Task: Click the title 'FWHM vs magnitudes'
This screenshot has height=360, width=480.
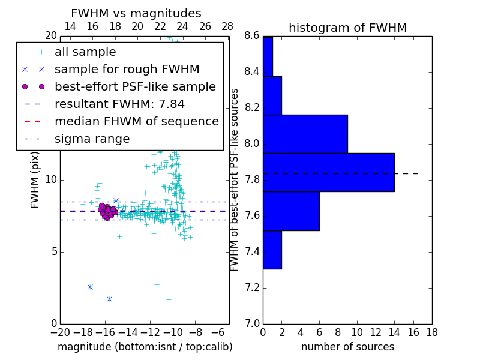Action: pyautogui.click(x=136, y=13)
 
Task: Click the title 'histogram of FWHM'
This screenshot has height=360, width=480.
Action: pyautogui.click(x=347, y=28)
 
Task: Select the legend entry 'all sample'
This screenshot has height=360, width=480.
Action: pyautogui.click(x=85, y=52)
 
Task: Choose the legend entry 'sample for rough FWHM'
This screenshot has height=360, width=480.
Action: pyautogui.click(x=127, y=70)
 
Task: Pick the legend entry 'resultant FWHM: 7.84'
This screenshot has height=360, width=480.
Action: pyautogui.click(x=119, y=104)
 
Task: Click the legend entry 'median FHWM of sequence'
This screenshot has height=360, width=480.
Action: pyautogui.click(x=136, y=122)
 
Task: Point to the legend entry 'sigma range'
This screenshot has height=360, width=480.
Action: pyautogui.click(x=92, y=139)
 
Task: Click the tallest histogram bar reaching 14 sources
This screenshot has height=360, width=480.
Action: pyautogui.click(x=329, y=172)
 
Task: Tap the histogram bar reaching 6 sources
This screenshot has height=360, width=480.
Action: pyautogui.click(x=291, y=211)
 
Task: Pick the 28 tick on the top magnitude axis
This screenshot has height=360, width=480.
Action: pyautogui.click(x=227, y=26)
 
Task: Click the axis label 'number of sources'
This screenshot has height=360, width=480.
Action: pyautogui.click(x=347, y=347)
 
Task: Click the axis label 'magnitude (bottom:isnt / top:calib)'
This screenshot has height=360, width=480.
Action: pyautogui.click(x=145, y=347)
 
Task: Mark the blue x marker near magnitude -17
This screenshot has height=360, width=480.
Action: pyautogui.click(x=90, y=287)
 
